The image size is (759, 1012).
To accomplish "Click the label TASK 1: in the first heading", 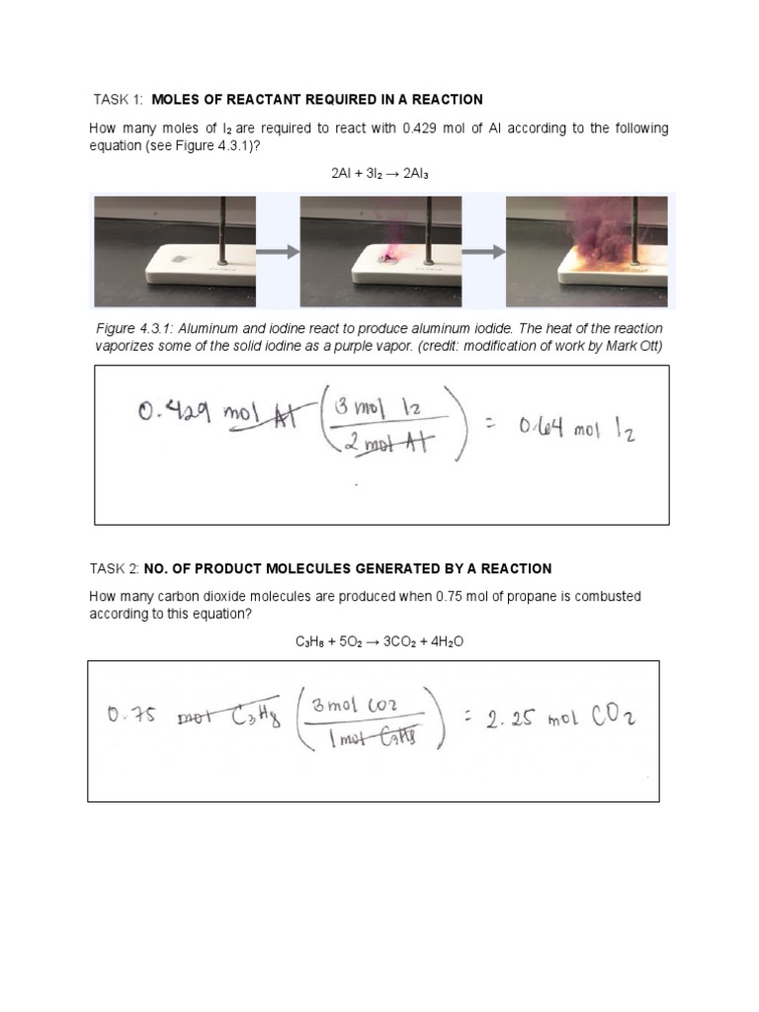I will click(119, 99).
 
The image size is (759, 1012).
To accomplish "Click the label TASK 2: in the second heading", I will click(116, 568).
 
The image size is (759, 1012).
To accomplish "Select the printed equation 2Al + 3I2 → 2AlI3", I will click(379, 172).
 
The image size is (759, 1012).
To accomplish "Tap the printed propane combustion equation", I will click(379, 641).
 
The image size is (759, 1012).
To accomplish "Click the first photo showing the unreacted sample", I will click(174, 251).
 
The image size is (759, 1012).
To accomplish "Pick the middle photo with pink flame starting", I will click(380, 251).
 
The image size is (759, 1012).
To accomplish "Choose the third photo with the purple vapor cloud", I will click(586, 251).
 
